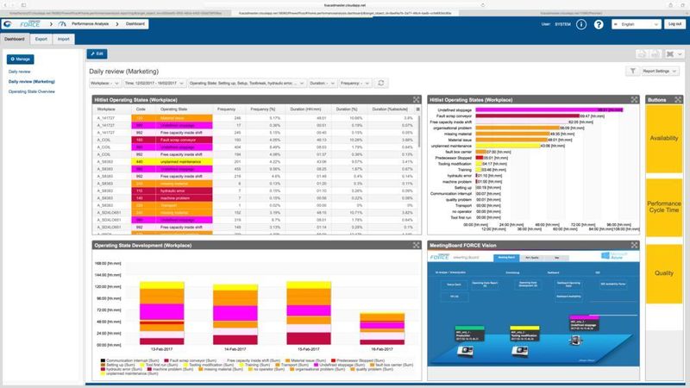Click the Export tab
point(40,39)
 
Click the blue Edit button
point(97,53)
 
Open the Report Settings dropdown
point(662,71)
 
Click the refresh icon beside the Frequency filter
point(381,83)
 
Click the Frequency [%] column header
point(262,110)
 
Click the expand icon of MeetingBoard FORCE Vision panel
point(635,244)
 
